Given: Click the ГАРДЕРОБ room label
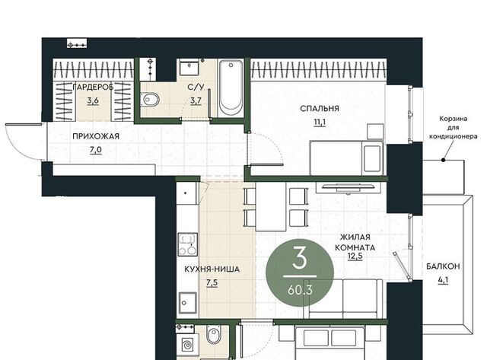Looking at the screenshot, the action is [x=93, y=88].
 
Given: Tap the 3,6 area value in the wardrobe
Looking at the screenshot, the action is [x=93, y=100].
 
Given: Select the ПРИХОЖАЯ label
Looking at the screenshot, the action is [x=96, y=136].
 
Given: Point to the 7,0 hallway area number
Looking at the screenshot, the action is [x=96, y=150].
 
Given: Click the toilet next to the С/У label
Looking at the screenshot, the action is [x=150, y=100].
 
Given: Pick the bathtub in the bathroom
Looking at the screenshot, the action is [x=231, y=88].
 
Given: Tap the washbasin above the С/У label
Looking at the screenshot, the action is [x=189, y=68].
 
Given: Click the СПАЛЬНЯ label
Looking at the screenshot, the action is [x=320, y=109].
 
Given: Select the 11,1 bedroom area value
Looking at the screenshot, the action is [x=320, y=122].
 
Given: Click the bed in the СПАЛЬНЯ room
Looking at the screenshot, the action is [x=347, y=158].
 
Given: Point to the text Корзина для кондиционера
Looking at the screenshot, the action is [x=454, y=127].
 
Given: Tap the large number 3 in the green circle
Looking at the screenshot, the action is [x=300, y=258].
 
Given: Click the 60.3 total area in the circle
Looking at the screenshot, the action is [x=300, y=290].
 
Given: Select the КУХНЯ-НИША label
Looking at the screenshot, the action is [x=212, y=269].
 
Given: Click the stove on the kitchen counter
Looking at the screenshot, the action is [x=188, y=244].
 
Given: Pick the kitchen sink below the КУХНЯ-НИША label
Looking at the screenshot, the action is [x=188, y=303].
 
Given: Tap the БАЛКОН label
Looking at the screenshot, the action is [x=443, y=266].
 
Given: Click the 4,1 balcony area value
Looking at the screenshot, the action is [x=443, y=280].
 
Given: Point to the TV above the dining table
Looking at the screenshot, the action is [x=349, y=187].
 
